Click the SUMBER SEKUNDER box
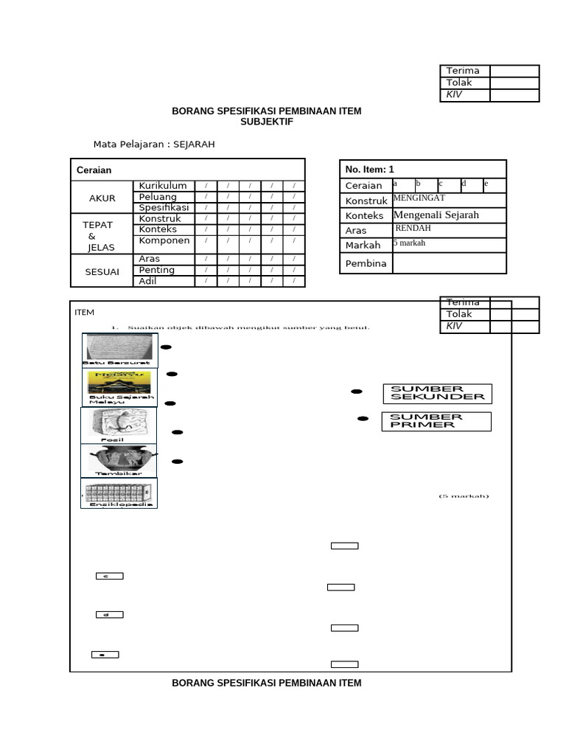(x=437, y=393)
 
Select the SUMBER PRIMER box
(x=436, y=421)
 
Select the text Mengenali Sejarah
(x=436, y=215)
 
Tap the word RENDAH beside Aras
(x=413, y=229)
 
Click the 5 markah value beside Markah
(x=409, y=243)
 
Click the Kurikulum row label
(x=163, y=186)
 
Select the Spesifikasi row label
(x=164, y=208)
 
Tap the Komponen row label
(x=164, y=240)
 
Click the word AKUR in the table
(x=102, y=198)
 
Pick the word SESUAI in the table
(x=102, y=272)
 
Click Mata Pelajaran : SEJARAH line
(x=154, y=145)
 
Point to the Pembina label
(x=366, y=263)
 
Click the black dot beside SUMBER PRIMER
(x=363, y=419)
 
